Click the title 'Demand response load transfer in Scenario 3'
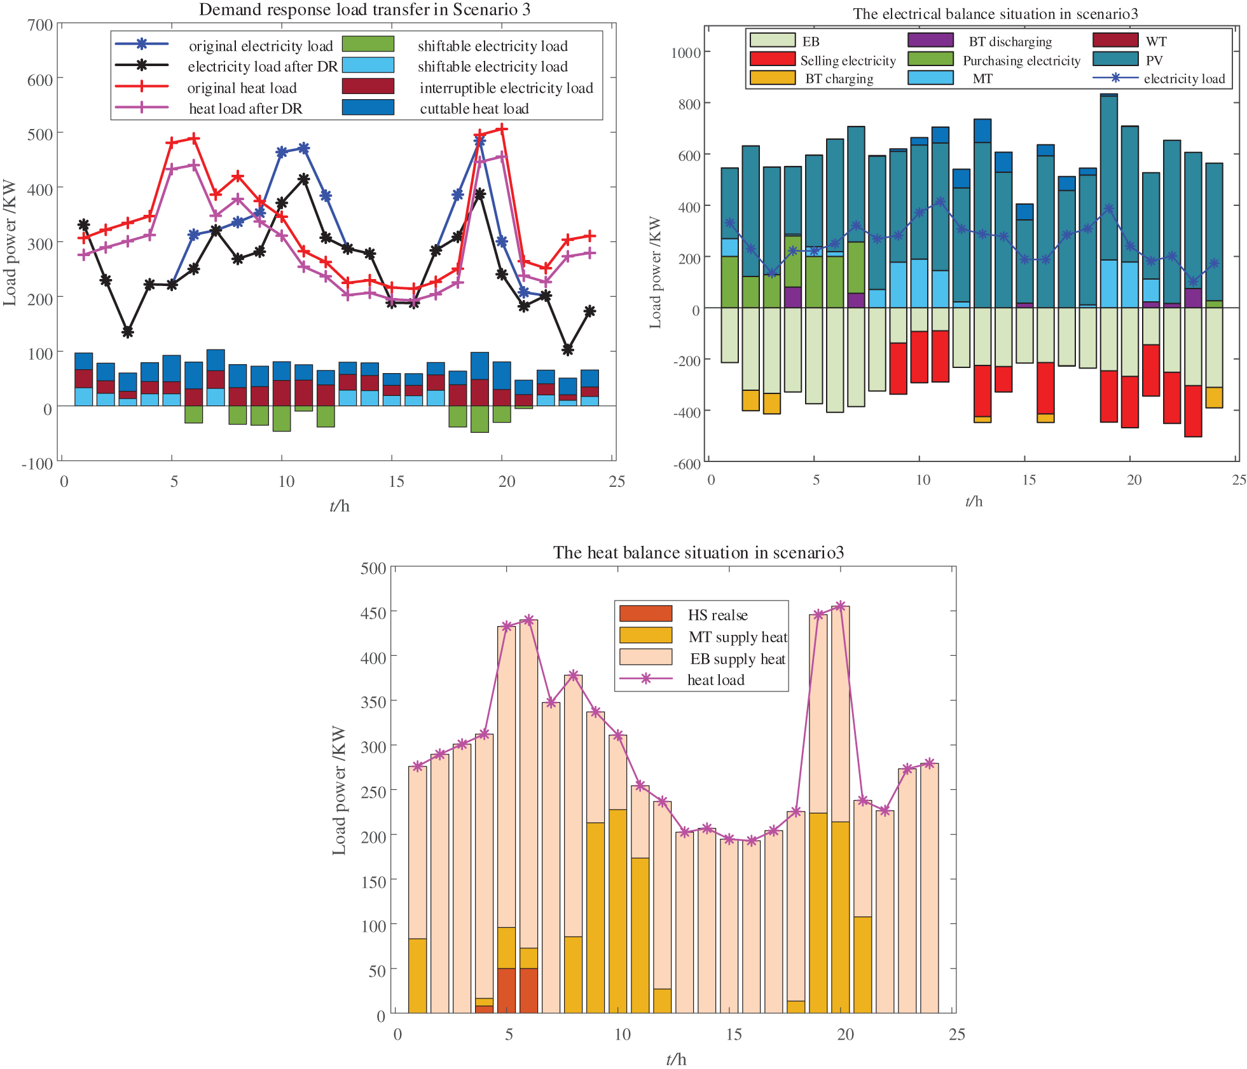(364, 10)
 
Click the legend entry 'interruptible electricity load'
(506, 88)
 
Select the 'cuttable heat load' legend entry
(474, 109)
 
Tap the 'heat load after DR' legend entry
(245, 109)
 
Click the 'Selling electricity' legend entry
(848, 60)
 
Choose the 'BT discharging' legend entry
(1010, 41)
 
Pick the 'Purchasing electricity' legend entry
(1021, 60)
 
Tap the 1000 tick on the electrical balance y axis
(686, 52)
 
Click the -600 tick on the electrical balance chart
(687, 463)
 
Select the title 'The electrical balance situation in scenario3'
(995, 14)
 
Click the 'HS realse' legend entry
(717, 615)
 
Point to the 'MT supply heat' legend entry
(738, 637)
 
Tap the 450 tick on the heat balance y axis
(373, 613)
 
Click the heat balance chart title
(698, 552)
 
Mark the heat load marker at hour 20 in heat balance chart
(841, 606)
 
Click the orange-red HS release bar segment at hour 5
(506, 990)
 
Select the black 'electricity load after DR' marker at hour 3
(128, 332)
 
